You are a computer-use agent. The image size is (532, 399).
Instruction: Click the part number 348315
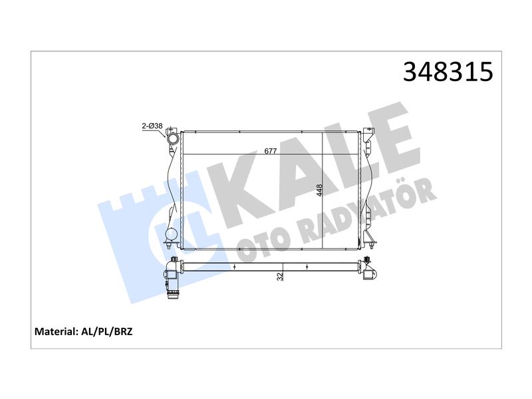pyautogui.click(x=448, y=72)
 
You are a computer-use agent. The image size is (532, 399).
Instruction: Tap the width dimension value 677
pyautogui.click(x=271, y=151)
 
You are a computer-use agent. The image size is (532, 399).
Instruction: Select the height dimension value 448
pyautogui.click(x=319, y=190)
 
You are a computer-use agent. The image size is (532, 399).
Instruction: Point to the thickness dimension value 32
pyautogui.click(x=280, y=277)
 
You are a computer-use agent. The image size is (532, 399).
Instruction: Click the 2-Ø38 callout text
pyautogui.click(x=152, y=126)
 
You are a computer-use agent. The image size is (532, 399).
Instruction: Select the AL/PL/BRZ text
pyautogui.click(x=107, y=331)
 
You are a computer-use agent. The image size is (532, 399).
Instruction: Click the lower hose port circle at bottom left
pyautogui.click(x=171, y=235)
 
